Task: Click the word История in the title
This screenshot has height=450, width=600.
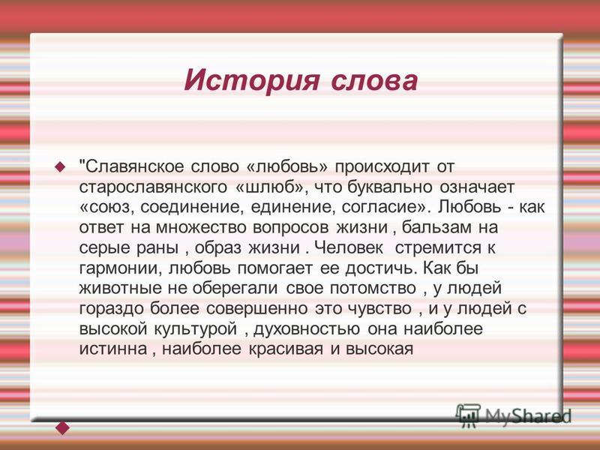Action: click(x=251, y=81)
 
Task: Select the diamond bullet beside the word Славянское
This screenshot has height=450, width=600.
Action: click(x=60, y=166)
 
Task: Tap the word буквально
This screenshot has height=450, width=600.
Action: click(x=389, y=187)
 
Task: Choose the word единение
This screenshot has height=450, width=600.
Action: click(x=292, y=208)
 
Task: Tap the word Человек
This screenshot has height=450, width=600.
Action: click(x=349, y=247)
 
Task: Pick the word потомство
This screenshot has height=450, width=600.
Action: click(x=373, y=289)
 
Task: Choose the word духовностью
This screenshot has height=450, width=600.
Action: click(x=307, y=329)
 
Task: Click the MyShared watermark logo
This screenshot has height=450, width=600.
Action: click(x=513, y=415)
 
